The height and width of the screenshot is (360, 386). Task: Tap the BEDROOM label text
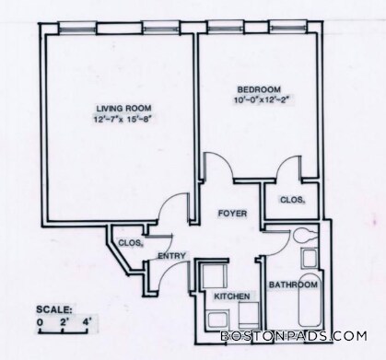[248, 89]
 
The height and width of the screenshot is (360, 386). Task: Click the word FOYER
[230, 214]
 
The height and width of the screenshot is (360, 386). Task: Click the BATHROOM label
[293, 285]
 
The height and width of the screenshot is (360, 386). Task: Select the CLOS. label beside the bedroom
[292, 200]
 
